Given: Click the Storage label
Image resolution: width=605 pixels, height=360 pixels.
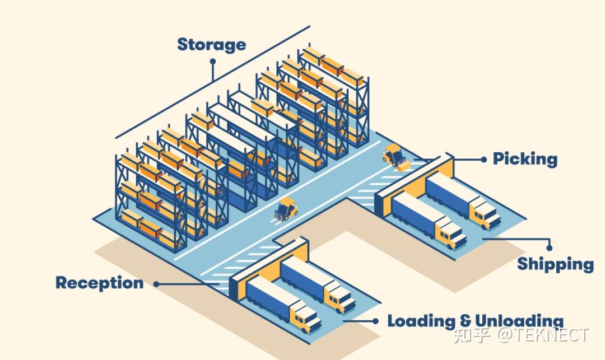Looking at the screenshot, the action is [211, 45].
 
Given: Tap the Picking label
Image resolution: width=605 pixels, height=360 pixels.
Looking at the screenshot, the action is [525, 159].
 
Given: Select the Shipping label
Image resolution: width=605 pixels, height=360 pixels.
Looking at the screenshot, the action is [555, 264].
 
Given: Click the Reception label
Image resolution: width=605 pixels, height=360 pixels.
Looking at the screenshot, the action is [100, 283].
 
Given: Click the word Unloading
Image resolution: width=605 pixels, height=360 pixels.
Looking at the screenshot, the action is [519, 321].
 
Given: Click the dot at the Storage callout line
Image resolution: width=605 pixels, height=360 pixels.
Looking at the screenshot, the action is [213, 61].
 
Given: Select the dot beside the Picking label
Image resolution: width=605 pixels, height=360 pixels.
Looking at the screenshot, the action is [484, 159].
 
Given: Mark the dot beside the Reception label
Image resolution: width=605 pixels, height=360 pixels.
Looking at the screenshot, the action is [156, 284].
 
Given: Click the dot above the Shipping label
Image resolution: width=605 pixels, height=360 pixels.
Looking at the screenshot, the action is [549, 248].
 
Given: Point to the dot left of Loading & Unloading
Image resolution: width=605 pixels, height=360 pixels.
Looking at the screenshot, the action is [375, 321].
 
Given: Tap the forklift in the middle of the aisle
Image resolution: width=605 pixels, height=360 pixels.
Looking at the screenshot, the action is [286, 209].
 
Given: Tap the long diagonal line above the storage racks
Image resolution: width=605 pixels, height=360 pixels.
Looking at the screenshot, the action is [213, 82].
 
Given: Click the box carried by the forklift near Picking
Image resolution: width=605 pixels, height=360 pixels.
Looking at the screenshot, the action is [404, 166].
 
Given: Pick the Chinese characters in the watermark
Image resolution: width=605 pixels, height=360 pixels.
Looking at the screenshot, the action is [472, 335].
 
